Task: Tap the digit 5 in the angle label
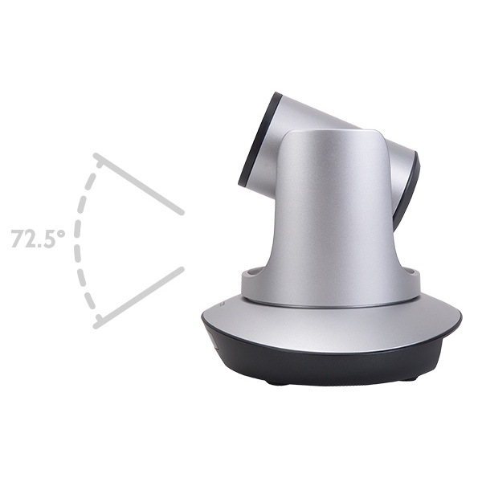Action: click(47, 239)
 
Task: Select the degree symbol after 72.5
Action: click(61, 233)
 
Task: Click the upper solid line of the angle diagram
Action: click(139, 183)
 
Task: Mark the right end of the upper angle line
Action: click(182, 212)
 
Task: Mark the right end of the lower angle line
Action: click(182, 269)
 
